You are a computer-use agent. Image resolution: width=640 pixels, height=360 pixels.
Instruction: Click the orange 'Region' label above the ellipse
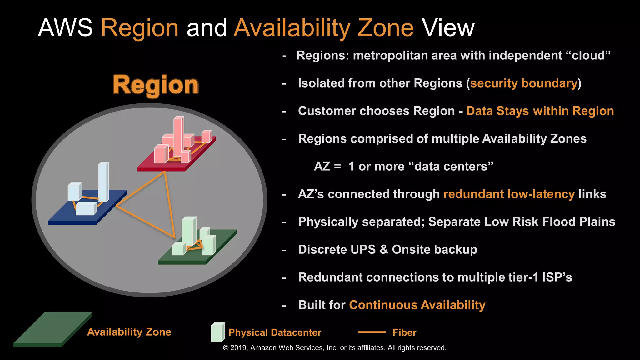(156, 85)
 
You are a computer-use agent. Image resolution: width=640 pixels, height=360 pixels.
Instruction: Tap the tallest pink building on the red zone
(178, 136)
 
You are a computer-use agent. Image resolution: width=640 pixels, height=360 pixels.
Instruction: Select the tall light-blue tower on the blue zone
(103, 182)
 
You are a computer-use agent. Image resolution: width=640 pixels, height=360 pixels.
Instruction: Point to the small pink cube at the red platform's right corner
(206, 136)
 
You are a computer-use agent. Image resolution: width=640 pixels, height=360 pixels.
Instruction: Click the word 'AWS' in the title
(65, 28)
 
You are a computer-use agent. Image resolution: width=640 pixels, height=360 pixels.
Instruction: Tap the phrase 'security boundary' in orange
(524, 83)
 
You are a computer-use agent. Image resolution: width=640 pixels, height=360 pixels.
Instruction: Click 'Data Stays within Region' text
(540, 111)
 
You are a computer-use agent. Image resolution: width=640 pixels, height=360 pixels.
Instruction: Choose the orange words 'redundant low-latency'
(509, 194)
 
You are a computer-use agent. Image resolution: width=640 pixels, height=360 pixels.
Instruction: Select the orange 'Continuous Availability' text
(417, 305)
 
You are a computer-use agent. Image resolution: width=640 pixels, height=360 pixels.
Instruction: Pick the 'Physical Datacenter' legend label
(275, 332)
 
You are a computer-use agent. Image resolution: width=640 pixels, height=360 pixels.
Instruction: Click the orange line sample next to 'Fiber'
(372, 332)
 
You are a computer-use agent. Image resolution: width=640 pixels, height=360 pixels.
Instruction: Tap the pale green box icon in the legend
(217, 332)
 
